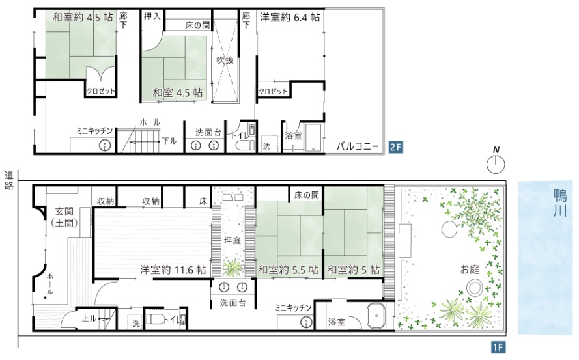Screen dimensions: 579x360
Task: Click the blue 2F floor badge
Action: (395, 147)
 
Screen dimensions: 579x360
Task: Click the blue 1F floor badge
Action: (498, 348)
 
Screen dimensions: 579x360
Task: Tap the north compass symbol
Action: (496, 161)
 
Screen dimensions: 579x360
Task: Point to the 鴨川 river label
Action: (560, 203)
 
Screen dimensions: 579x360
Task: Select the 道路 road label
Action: (8, 180)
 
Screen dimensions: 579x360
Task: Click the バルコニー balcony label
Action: (358, 146)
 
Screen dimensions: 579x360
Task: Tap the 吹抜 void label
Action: (225, 60)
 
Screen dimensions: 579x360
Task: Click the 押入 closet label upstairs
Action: (152, 17)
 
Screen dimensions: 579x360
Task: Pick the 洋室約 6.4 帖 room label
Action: (290, 18)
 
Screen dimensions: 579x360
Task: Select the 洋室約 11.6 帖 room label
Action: (173, 270)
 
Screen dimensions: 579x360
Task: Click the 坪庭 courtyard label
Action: (233, 241)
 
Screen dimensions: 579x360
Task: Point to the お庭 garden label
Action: (470, 269)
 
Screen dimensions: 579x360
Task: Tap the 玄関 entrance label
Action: (64, 212)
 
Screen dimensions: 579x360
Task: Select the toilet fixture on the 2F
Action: (244, 145)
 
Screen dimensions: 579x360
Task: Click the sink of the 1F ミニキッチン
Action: (306, 323)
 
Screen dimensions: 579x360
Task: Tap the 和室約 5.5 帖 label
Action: (288, 270)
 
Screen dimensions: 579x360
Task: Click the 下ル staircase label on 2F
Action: (169, 141)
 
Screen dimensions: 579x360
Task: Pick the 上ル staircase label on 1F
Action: (89, 318)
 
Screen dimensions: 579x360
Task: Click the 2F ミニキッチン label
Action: (94, 131)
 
